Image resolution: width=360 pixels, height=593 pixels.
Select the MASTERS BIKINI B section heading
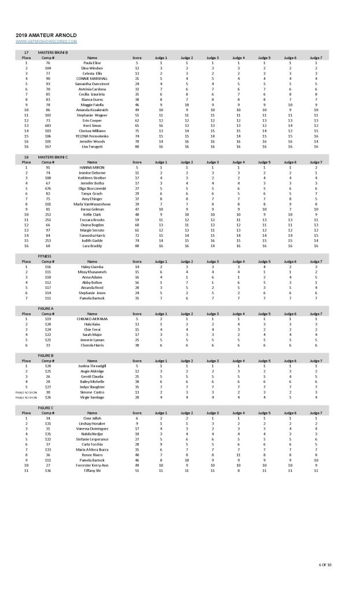click(x=53, y=53)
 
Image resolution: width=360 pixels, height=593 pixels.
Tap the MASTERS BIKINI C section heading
click(x=53, y=157)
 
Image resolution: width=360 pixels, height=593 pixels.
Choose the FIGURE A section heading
click(x=46, y=309)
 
